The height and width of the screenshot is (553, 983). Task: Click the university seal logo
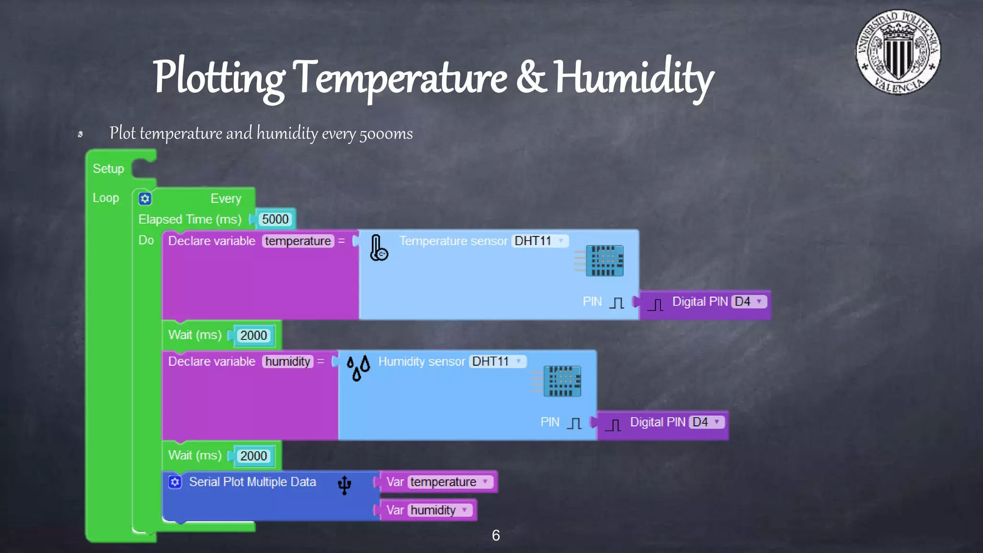pyautogui.click(x=898, y=52)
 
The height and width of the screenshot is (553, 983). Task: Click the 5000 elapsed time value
pyautogui.click(x=275, y=219)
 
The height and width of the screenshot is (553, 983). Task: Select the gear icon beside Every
pyautogui.click(x=145, y=199)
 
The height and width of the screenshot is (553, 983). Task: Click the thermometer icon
pyautogui.click(x=378, y=248)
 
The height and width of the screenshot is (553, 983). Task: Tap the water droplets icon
pyautogui.click(x=358, y=368)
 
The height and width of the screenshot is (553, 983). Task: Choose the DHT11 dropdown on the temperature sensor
pyautogui.click(x=540, y=241)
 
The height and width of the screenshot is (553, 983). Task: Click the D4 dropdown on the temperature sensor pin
pyautogui.click(x=748, y=301)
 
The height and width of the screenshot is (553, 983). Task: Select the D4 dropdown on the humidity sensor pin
pyautogui.click(x=706, y=422)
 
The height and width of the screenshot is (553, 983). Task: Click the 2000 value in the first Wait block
pyautogui.click(x=253, y=336)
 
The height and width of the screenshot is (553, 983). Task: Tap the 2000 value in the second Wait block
pyautogui.click(x=253, y=456)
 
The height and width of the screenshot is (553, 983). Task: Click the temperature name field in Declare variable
pyautogui.click(x=298, y=241)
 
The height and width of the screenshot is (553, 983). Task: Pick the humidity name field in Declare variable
pyautogui.click(x=288, y=361)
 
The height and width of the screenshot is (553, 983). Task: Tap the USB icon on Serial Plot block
pyautogui.click(x=344, y=485)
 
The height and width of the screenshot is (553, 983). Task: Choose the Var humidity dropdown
pyautogui.click(x=439, y=510)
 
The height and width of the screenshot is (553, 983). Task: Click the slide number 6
pyautogui.click(x=496, y=535)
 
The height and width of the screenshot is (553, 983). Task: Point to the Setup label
pyautogui.click(x=108, y=169)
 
